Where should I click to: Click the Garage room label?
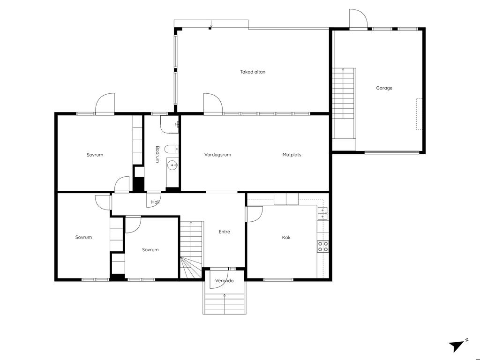coord(384,88)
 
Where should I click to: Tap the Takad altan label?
coord(253,72)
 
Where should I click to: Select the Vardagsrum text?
coord(217,155)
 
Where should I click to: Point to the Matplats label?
coord(292,155)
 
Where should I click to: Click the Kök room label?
coord(286,237)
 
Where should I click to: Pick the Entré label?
coord(225,232)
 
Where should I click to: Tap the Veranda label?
coord(225,281)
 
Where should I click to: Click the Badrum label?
coord(157,154)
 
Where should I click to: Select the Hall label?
coord(155,202)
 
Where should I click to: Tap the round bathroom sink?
coord(173,165)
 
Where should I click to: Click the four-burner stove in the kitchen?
coord(323,247)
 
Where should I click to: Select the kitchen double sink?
coord(323,213)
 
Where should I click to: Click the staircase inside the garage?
coord(344,104)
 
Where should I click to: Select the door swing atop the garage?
coord(359,19)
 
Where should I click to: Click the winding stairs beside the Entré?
coord(191,249)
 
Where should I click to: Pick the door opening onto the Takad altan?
coord(213,104)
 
